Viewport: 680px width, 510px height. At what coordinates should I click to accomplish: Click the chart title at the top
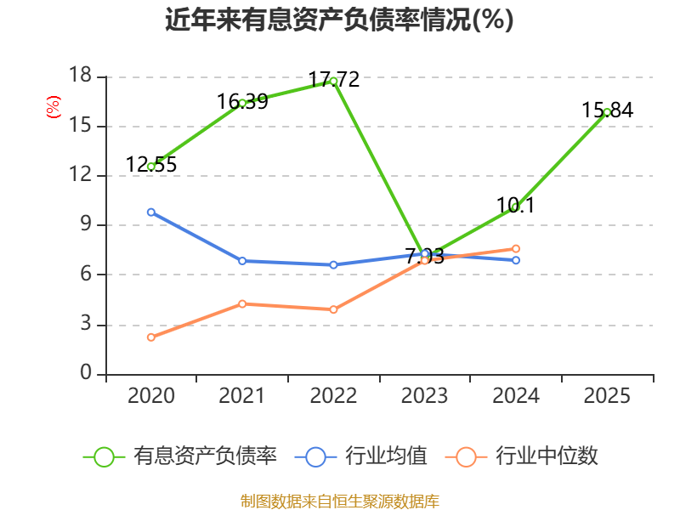point(339,20)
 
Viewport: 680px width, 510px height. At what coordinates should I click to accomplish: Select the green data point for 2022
point(333,82)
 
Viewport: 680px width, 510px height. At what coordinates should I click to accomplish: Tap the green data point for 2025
point(607,112)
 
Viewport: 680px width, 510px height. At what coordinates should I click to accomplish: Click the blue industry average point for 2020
point(151,212)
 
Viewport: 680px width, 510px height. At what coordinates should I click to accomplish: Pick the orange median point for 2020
point(151,337)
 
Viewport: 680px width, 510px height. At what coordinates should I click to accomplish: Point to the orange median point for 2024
point(516,248)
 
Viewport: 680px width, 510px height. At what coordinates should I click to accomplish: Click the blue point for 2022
point(333,264)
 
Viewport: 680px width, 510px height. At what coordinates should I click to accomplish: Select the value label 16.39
point(242,101)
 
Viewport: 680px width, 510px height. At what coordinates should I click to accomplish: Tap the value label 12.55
point(151,164)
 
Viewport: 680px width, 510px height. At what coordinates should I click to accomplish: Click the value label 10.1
point(516,205)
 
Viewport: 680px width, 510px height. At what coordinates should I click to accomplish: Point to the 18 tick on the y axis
point(81,75)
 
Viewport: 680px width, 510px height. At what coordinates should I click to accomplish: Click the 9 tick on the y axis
point(87,224)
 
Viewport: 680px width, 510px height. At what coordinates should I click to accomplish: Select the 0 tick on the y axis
point(87,372)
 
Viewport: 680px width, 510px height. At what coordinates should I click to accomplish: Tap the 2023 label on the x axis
point(424,395)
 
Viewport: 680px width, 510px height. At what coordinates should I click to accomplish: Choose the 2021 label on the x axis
point(242,395)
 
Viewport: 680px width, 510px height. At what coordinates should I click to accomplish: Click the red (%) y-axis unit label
point(54,107)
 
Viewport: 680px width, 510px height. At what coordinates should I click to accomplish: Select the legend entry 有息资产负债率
point(179,456)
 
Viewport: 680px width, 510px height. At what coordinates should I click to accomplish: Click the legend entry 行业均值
point(360,456)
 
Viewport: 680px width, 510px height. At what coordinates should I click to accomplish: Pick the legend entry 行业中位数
point(522,456)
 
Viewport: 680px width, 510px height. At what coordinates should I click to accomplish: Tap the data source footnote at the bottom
point(340,501)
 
